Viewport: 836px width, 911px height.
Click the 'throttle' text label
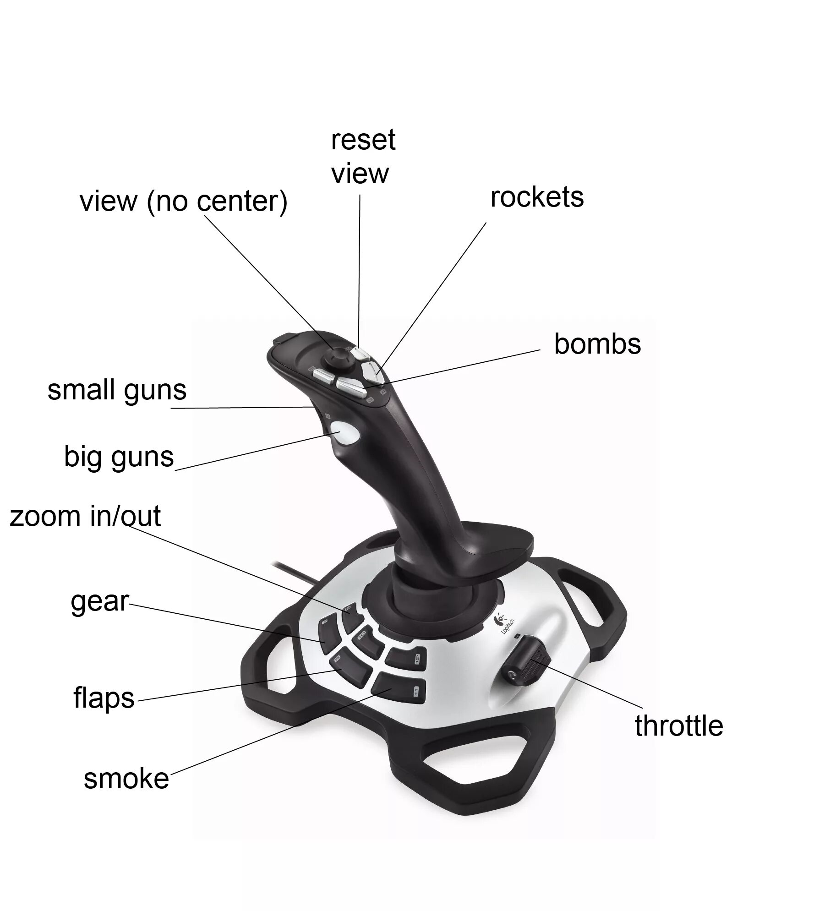pyautogui.click(x=678, y=726)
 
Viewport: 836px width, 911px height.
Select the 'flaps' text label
pyautogui.click(x=104, y=698)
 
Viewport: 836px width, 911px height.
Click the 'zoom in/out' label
pyautogui.click(x=85, y=516)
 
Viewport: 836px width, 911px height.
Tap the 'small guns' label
pyautogui.click(x=117, y=390)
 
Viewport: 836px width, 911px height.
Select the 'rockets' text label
pyautogui.click(x=537, y=197)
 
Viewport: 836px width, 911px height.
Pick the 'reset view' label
pyautogui.click(x=362, y=157)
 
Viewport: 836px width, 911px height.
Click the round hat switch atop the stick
pyautogui.click(x=338, y=356)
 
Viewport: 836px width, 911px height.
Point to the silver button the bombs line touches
pyautogui.click(x=350, y=385)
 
